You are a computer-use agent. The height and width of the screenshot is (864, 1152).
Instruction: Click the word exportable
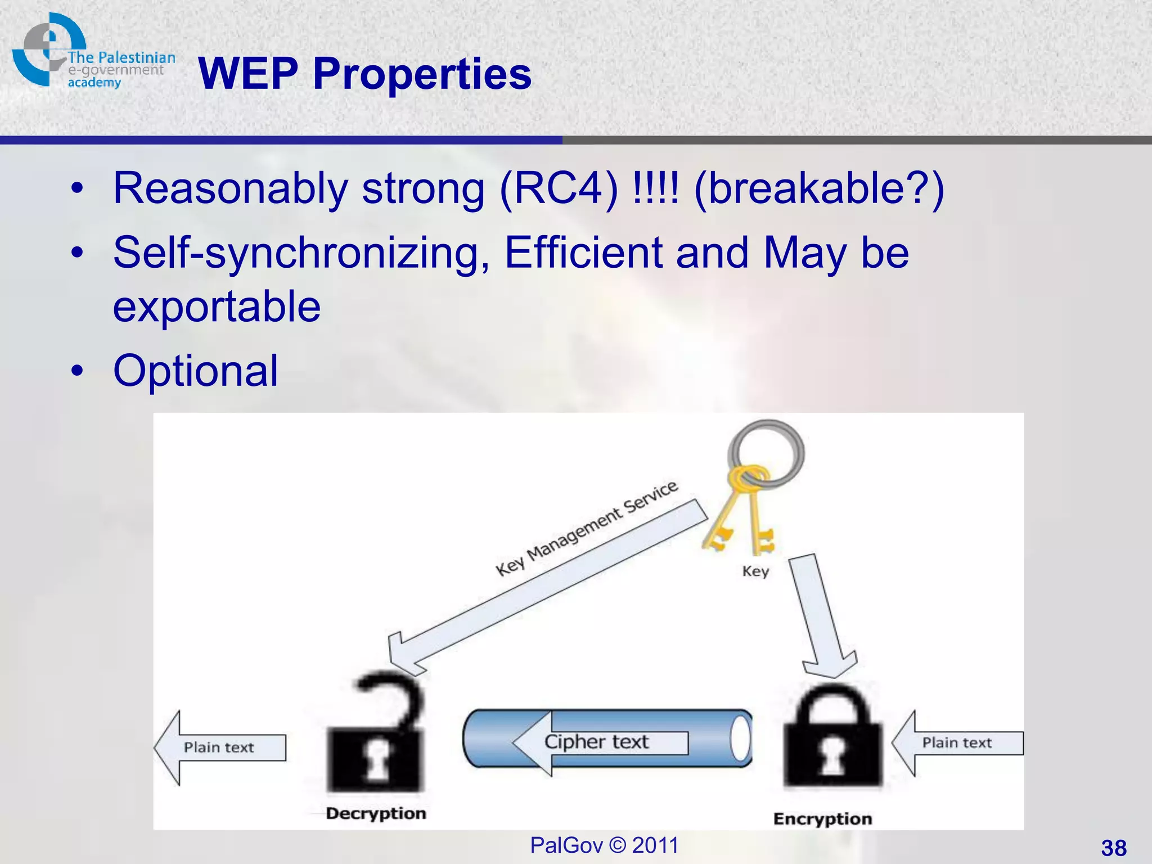pyautogui.click(x=217, y=307)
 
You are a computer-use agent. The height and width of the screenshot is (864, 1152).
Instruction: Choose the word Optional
pyautogui.click(x=195, y=371)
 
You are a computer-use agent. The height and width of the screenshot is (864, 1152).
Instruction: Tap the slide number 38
pyautogui.click(x=1113, y=848)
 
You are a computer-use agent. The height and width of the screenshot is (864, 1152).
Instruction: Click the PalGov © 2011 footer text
pyautogui.click(x=604, y=845)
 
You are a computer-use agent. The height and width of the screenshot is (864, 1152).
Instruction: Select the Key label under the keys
pyautogui.click(x=755, y=571)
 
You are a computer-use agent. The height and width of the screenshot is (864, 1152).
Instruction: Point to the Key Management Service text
pyautogui.click(x=586, y=529)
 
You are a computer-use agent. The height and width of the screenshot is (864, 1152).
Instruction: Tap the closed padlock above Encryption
pyautogui.click(x=832, y=740)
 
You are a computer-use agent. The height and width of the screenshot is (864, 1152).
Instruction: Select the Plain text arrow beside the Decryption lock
pyautogui.click(x=219, y=748)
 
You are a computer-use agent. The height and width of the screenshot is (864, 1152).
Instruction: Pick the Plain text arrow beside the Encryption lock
pyautogui.click(x=956, y=743)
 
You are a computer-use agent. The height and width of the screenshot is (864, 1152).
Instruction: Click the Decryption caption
pyautogui.click(x=376, y=813)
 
